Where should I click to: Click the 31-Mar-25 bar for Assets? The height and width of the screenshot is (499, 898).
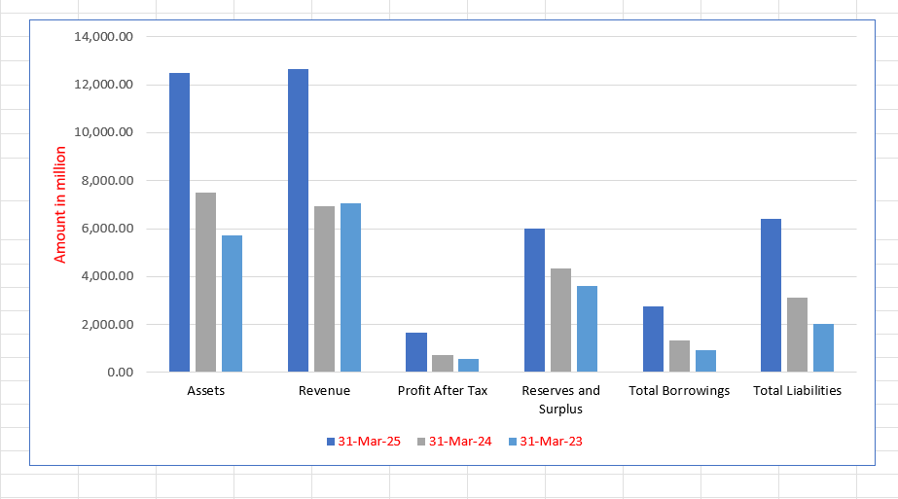[179, 223]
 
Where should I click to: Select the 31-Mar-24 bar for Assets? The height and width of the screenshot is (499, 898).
[205, 282]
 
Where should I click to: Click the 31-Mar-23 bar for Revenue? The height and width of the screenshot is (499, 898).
[350, 288]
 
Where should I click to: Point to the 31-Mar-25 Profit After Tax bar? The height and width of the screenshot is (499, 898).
[416, 352]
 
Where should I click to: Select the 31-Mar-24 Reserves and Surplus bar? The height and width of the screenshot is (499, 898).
[560, 320]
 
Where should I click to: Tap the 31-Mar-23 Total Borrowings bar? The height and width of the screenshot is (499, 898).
[705, 361]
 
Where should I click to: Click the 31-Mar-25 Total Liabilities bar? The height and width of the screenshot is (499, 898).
[771, 296]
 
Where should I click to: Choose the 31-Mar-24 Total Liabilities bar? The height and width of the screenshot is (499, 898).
[797, 335]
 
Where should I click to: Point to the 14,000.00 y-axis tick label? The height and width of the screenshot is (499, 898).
[103, 37]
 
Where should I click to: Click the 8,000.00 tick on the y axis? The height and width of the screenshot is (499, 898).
[106, 181]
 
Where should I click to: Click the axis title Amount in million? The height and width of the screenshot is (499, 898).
[60, 204]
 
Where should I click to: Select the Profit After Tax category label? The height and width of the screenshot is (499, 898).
[443, 391]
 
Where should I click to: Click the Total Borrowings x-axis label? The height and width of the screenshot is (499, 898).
[679, 391]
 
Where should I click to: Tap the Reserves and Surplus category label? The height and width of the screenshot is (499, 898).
[560, 399]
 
